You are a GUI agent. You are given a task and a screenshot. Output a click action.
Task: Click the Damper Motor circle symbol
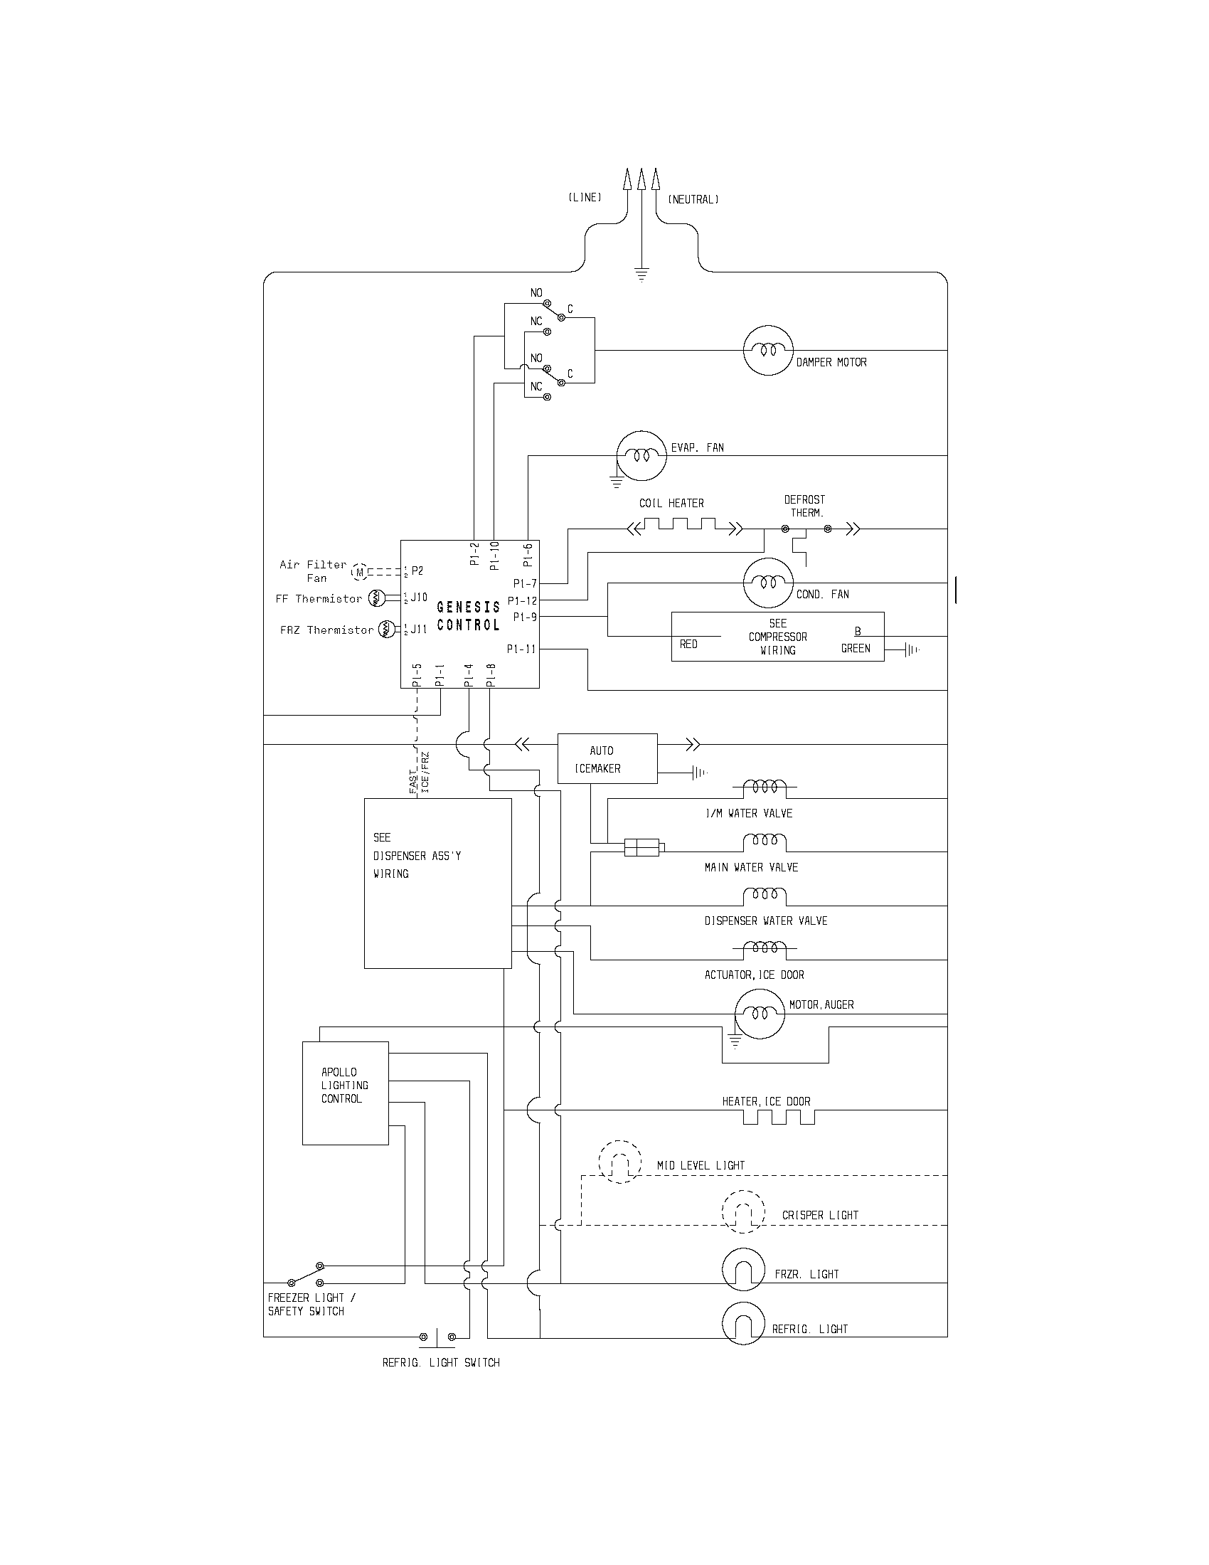769,351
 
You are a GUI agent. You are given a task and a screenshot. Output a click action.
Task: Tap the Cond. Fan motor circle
769,583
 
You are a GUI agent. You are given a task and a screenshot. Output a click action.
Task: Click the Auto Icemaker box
607,759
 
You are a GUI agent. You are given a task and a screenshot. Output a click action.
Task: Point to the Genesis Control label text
469,615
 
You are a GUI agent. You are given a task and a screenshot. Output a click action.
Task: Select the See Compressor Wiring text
778,637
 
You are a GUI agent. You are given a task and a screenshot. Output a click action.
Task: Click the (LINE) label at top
585,198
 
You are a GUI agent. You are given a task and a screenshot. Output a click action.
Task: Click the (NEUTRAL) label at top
693,200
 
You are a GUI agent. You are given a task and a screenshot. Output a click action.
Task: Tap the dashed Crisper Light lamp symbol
743,1211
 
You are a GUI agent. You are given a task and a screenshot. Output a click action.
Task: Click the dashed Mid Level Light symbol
620,1162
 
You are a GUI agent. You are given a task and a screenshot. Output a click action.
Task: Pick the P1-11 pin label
521,649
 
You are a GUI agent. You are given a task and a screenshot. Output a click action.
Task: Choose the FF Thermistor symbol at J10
378,598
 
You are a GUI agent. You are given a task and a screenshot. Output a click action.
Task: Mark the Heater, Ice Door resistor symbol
779,1116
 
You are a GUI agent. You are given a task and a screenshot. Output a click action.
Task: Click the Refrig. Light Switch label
440,1362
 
